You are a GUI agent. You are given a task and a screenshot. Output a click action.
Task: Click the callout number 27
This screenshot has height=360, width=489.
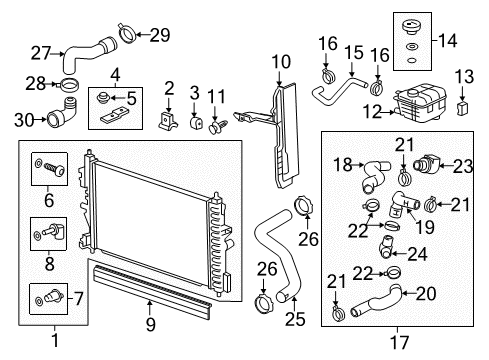[x=41, y=53]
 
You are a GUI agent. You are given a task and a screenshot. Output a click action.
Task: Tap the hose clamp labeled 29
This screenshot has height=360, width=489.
[x=127, y=37]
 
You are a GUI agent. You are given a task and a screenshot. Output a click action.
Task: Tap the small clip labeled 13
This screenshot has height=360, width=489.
[x=461, y=105]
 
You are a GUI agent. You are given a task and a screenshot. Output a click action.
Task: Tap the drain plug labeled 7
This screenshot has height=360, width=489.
[x=49, y=295]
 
